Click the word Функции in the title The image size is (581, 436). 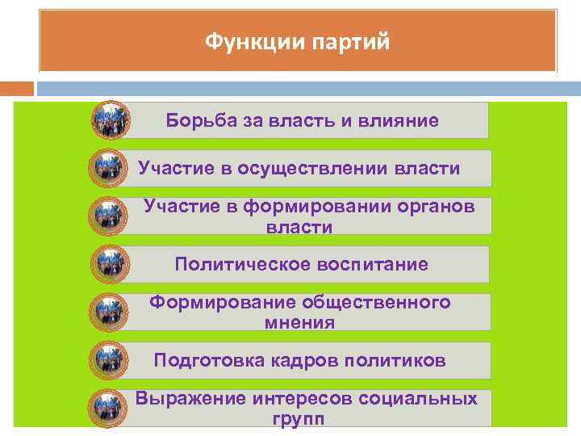coord(250,41)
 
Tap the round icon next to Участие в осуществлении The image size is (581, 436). coord(108,169)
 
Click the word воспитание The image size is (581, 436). coord(371,265)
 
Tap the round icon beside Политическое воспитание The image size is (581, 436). coord(108,264)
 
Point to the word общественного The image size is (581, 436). coord(376,303)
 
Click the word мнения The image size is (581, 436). coord(299,323)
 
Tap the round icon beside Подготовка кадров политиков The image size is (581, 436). coord(108,360)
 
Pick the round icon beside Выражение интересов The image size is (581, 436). coord(108,409)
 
